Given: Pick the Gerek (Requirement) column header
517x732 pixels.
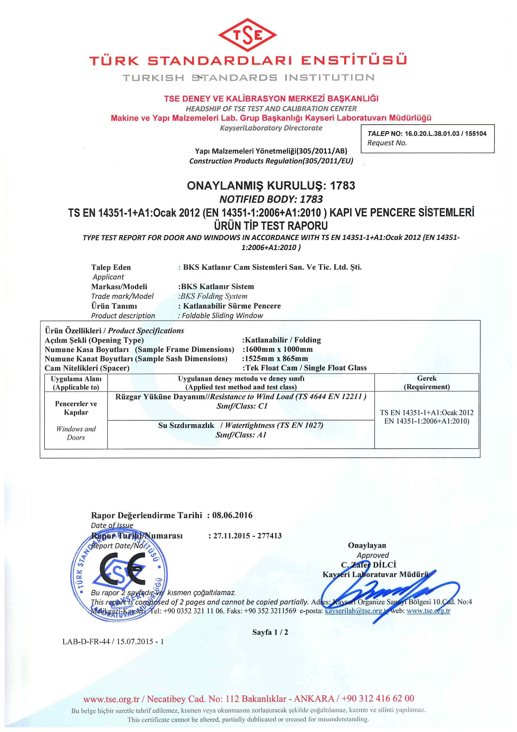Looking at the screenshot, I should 427,383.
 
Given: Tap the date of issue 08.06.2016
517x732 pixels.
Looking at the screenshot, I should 232,515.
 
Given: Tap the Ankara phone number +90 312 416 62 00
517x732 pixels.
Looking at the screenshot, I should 378,699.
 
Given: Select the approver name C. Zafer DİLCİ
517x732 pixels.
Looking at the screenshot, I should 368,565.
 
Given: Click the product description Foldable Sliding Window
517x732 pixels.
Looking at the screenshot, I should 222,316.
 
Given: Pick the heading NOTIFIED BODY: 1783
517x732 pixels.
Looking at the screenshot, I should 271,199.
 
